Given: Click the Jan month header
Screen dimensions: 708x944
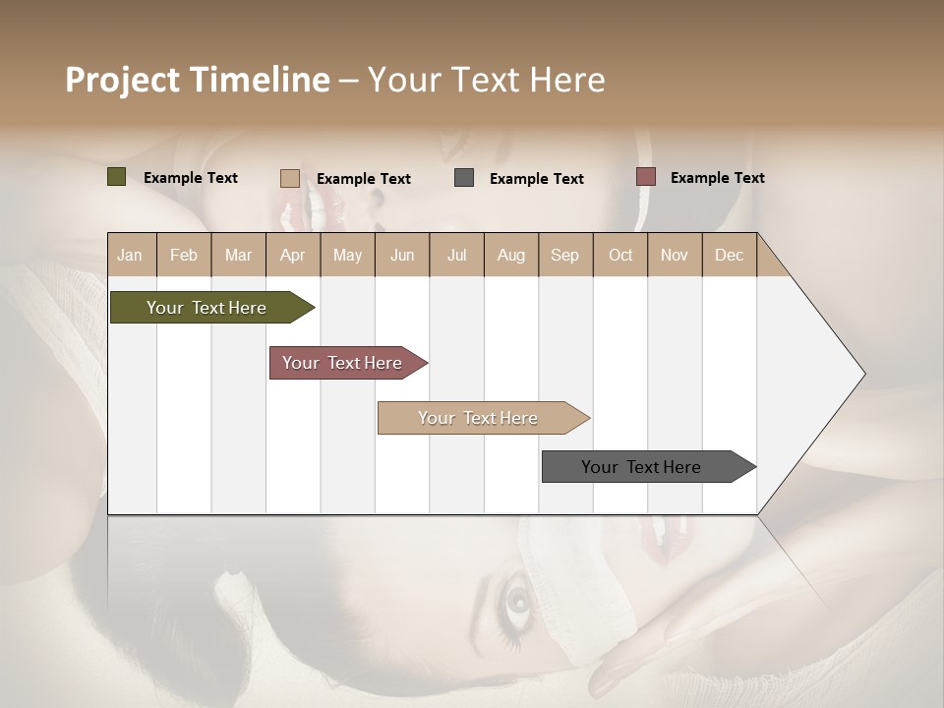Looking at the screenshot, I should tap(131, 255).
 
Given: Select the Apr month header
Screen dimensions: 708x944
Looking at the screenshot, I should tap(293, 255).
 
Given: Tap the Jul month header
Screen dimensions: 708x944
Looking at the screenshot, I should tap(456, 255).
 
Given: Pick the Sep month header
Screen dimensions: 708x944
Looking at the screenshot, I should tap(564, 255).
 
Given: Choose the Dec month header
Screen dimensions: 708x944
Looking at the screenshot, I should tap(729, 255).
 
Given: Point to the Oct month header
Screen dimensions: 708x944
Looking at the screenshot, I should tap(619, 255).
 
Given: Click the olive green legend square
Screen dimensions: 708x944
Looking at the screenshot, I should tap(117, 177).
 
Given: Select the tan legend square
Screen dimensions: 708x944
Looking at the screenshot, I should tap(290, 178).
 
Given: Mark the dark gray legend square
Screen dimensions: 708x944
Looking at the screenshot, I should tap(464, 178).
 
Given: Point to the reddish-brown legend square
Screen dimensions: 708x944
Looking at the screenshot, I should tap(646, 177).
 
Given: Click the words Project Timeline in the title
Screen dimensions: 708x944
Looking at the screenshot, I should tap(198, 80).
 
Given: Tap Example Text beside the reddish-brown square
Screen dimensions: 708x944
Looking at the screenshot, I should tap(717, 178).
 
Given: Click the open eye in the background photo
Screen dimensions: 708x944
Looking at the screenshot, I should tap(516, 599).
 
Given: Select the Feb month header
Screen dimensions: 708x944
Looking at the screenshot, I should tap(184, 255).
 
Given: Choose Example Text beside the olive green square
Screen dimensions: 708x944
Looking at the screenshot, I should tap(191, 178).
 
